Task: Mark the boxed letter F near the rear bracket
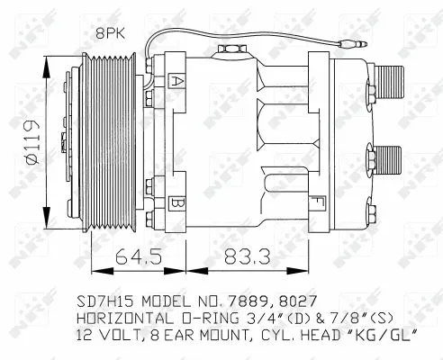click(316, 201)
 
